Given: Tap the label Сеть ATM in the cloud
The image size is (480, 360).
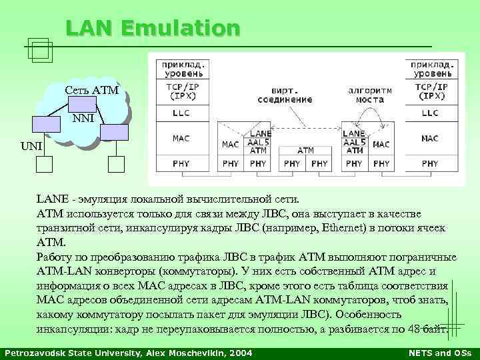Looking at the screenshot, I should coord(91,90).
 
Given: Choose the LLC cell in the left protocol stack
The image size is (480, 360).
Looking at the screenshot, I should coord(181,113).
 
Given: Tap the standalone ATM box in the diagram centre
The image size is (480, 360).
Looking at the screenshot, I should coord(305,151).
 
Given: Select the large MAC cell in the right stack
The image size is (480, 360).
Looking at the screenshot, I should coord(430,139).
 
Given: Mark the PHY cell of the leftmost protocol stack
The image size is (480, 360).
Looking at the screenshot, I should coord(181,163).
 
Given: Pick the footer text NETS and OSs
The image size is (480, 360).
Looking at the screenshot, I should coord(439,352).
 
